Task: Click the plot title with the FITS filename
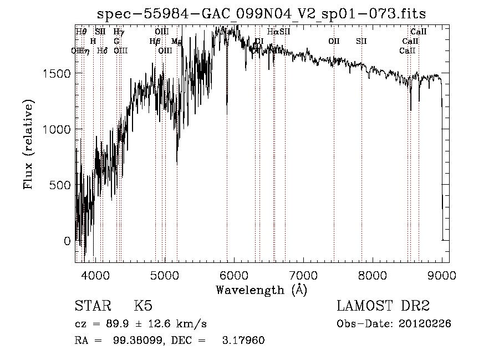point(262,13)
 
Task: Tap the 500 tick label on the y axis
point(60,185)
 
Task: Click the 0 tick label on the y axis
point(67,241)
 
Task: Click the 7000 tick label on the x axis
point(303,275)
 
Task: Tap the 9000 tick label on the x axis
point(442,275)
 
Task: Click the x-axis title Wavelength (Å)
point(261,290)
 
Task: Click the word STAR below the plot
point(92,306)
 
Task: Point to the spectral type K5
point(143,306)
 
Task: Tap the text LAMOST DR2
point(383,306)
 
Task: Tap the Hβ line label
point(155,41)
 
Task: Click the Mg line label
point(176,41)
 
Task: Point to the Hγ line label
point(119,32)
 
